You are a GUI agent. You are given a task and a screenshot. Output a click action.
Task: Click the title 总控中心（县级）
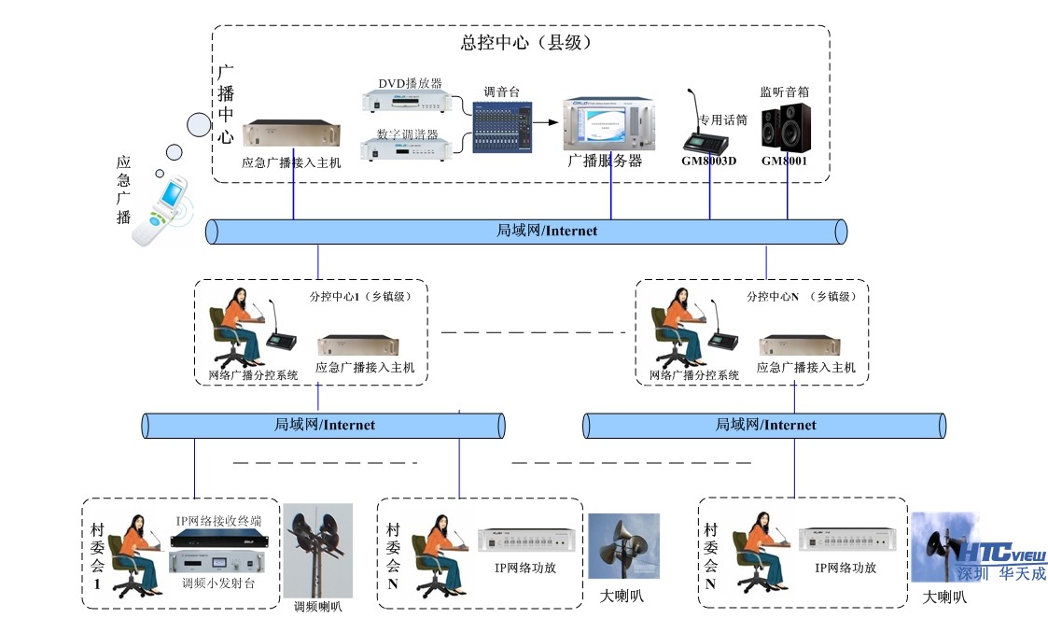tap(525, 43)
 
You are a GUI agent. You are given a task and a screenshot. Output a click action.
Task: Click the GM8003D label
tap(708, 161)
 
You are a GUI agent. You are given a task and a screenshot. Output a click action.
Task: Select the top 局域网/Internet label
tap(547, 231)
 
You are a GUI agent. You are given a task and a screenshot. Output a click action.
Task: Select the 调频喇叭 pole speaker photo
tap(318, 550)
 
